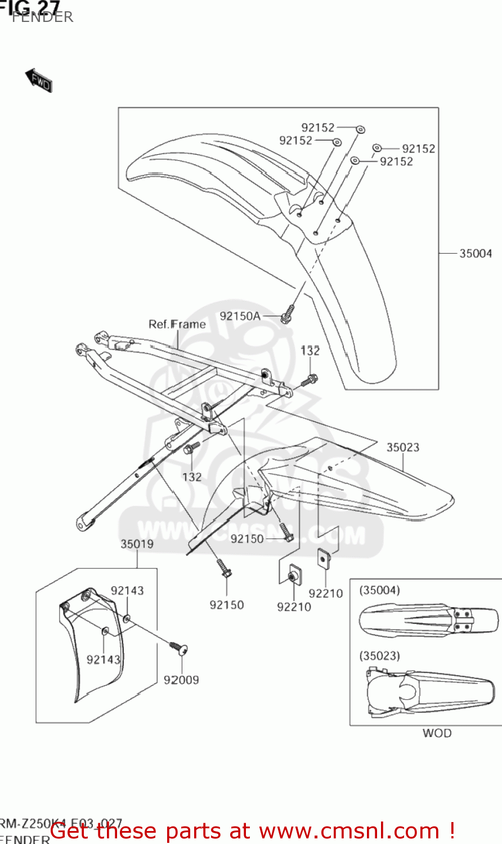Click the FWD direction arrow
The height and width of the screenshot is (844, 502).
[x=39, y=80]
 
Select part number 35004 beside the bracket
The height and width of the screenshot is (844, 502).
[x=476, y=253]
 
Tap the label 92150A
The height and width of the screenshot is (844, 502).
[x=240, y=316]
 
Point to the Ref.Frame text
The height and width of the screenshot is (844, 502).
[x=177, y=324]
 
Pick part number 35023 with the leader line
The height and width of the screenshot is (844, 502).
[x=402, y=447]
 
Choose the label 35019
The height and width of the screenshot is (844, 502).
[x=137, y=544]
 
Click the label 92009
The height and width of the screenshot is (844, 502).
[x=181, y=680]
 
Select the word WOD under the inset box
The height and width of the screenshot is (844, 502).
[x=437, y=733]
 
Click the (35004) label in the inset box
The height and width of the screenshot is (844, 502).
[x=379, y=590]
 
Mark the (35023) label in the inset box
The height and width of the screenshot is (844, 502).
[x=379, y=656]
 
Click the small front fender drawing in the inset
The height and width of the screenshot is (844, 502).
[x=428, y=621]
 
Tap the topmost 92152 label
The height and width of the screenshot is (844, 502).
[x=317, y=128]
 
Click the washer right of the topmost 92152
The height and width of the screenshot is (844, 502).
[x=360, y=129]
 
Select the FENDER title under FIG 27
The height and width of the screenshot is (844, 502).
[x=43, y=17]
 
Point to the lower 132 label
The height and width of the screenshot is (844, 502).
[x=192, y=477]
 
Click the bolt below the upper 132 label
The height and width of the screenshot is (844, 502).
[x=309, y=380]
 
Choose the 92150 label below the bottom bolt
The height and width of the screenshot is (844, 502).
[x=227, y=605]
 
